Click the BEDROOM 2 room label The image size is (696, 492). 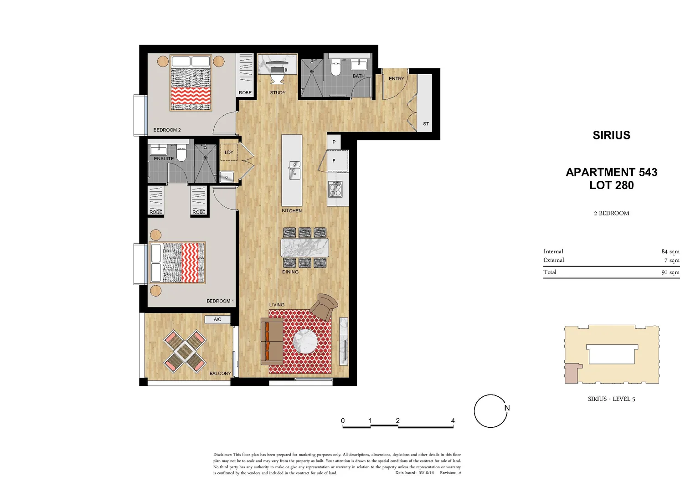click(167, 130)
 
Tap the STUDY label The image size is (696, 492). click(278, 92)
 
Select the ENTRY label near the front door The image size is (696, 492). click(396, 79)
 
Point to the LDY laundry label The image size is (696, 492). click(229, 152)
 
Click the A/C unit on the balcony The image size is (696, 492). click(217, 319)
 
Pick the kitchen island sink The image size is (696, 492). click(294, 170)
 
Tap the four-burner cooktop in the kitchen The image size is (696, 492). click(335, 188)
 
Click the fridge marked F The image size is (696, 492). click(334, 161)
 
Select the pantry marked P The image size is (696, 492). click(334, 142)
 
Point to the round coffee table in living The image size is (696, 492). click(305, 341)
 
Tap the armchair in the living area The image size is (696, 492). click(325, 307)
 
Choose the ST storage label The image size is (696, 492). click(426, 123)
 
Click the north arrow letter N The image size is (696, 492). click(507, 408)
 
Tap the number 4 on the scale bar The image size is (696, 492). click(453, 420)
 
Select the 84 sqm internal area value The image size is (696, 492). click(670, 251)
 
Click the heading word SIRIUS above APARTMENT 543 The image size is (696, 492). click(611, 135)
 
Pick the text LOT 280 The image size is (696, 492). click(611, 185)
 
